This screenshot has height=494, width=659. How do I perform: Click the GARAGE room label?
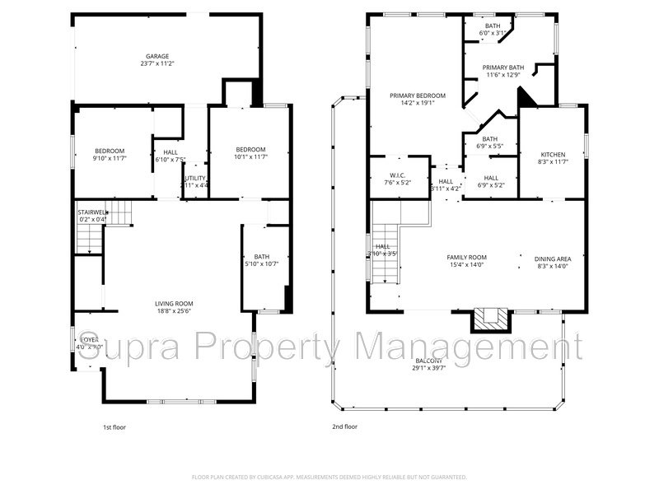pyautogui.click(x=157, y=56)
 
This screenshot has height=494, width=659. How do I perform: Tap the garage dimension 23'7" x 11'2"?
pyautogui.click(x=157, y=63)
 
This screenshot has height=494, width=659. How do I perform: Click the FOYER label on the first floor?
pyautogui.click(x=89, y=339)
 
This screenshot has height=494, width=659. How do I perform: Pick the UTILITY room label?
pyautogui.click(x=195, y=178)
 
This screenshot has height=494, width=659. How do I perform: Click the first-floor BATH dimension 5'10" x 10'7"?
pyautogui.click(x=262, y=264)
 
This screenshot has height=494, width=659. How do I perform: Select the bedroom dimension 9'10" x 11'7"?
pyautogui.click(x=110, y=157)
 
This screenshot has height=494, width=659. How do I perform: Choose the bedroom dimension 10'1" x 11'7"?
pyautogui.click(x=250, y=157)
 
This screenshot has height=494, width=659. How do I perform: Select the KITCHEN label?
pyautogui.click(x=553, y=155)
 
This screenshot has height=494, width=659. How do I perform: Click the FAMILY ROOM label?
pyautogui.click(x=467, y=258)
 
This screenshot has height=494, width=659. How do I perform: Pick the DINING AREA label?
pyautogui.click(x=553, y=258)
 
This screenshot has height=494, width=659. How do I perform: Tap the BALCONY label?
pyautogui.click(x=429, y=361)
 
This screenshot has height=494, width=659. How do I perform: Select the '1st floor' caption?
pyautogui.click(x=115, y=427)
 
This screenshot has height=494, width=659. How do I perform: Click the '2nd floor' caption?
pyautogui.click(x=346, y=427)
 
